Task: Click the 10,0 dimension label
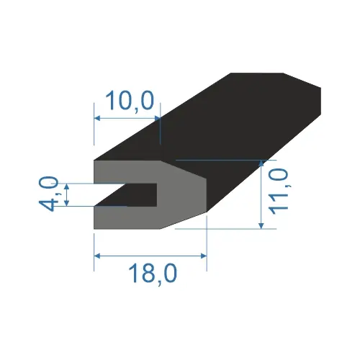tap(130, 101)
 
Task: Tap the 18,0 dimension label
tap(153, 273)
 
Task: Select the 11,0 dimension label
tap(279, 191)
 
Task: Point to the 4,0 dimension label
tap(48, 194)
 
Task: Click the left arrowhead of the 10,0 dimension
tap(97, 118)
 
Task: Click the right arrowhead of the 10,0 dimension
tap(158, 118)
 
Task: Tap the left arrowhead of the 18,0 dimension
tap(97, 256)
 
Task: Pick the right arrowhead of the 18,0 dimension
tap(204, 256)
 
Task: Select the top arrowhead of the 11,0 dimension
tap(261, 163)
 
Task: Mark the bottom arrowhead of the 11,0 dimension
tap(261, 226)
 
